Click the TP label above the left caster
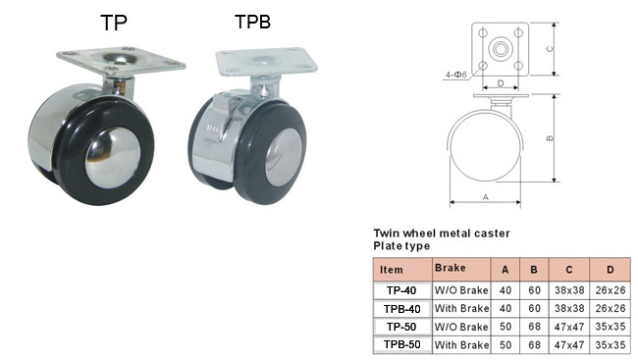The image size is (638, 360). (114, 23)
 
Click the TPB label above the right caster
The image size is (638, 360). (252, 22)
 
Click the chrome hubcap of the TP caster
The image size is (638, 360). (113, 157)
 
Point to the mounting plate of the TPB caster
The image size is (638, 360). (266, 63)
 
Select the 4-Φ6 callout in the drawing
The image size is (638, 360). (455, 75)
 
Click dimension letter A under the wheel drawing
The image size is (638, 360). (486, 197)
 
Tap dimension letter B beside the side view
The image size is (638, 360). (550, 138)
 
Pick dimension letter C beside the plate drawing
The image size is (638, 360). (550, 49)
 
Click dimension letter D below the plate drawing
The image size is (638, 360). (501, 83)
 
